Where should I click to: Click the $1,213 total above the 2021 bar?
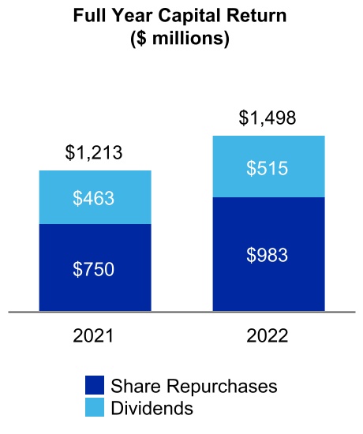[94, 153]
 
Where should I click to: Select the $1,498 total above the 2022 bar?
[268, 118]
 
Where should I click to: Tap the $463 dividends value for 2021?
[94, 198]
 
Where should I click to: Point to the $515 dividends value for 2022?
[268, 167]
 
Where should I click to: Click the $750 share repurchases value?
[94, 268]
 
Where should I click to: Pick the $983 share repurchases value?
[268, 255]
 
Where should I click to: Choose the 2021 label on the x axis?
[94, 336]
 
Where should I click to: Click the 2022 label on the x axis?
[268, 336]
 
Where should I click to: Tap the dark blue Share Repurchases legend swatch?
[95, 386]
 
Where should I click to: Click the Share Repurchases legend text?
[194, 387]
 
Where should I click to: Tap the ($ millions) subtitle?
[181, 38]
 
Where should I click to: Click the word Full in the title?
[88, 16]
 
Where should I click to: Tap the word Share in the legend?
[132, 387]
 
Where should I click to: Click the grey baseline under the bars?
[181, 312]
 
